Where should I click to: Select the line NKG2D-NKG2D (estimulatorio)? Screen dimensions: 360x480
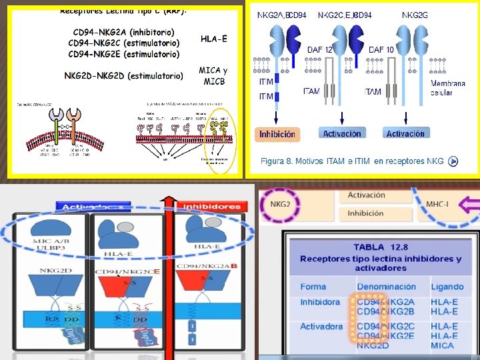coord(124,76)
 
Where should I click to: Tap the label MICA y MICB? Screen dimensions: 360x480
coord(213,76)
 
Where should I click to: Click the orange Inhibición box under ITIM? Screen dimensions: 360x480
coord(277,134)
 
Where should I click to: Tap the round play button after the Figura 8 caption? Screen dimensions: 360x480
coord(453,161)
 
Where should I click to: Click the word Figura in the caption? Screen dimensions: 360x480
coord(274,161)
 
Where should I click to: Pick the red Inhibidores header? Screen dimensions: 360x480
coord(211,207)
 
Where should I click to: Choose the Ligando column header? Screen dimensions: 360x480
coord(447,287)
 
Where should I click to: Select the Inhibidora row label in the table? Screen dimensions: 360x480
coord(320,302)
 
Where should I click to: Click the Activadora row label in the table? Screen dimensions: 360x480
coord(321,327)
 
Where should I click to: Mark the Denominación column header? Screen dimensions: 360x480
coord(386,287)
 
